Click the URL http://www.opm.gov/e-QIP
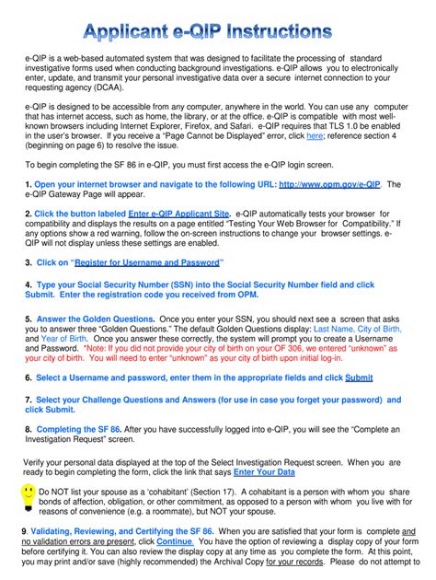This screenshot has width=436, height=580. tap(329, 184)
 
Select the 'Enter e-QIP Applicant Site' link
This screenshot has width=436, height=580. tap(178, 214)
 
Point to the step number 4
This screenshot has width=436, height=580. tap(29, 286)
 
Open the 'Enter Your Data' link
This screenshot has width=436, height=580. tap(264, 472)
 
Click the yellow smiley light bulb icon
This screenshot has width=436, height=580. tap(28, 497)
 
